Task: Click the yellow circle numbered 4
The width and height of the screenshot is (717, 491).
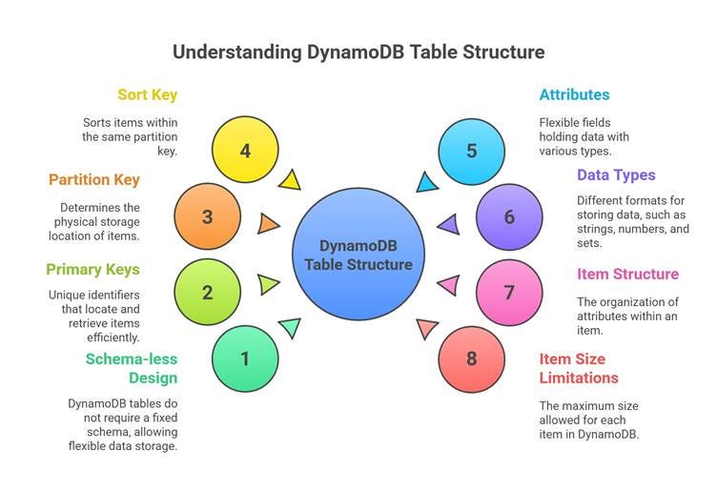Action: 245,150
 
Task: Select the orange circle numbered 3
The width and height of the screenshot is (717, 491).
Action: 208,216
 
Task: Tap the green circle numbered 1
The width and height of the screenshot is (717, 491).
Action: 245,358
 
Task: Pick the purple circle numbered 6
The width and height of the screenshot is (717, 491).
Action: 509,216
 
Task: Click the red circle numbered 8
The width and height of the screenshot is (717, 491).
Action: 471,358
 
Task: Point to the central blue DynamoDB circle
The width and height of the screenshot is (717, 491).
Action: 358,255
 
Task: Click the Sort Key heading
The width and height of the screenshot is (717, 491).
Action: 147,94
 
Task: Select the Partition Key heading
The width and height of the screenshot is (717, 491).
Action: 94,179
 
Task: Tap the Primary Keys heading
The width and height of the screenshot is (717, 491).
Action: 92,269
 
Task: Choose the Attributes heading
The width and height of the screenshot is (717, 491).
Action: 574,94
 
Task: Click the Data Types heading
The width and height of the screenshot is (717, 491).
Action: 616,175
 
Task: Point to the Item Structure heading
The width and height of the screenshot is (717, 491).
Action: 627,274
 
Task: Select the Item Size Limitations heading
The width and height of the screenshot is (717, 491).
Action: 579,368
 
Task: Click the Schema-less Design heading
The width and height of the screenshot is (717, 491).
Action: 132,368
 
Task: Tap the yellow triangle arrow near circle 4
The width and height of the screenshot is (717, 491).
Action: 291,181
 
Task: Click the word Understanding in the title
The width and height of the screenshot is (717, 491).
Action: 236,52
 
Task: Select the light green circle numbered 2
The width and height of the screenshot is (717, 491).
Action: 208,292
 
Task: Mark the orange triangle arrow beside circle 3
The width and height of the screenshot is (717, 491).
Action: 267,223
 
